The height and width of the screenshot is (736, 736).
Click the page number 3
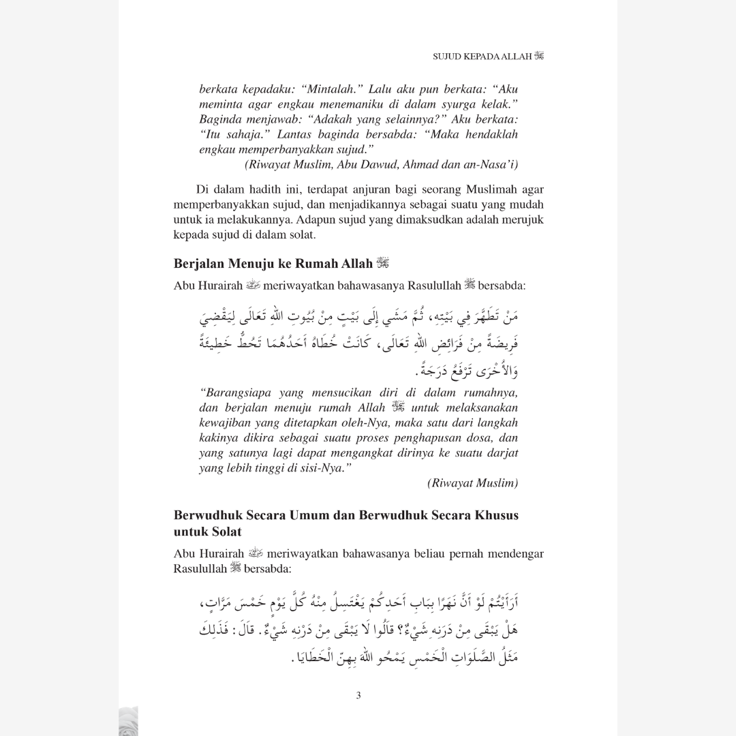358,696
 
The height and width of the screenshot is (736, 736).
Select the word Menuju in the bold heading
253,263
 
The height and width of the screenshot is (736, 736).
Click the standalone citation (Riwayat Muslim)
473,483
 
